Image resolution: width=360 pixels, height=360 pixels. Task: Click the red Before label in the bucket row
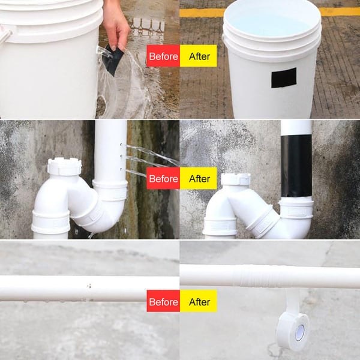(x=163, y=56)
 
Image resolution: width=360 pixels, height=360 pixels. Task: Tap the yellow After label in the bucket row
(x=199, y=56)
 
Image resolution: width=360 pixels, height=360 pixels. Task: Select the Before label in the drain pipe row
(x=163, y=178)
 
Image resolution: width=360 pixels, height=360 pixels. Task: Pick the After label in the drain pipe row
(x=199, y=178)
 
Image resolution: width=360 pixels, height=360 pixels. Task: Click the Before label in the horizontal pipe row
(x=163, y=301)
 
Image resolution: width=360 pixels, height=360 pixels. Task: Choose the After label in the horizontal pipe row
(x=199, y=301)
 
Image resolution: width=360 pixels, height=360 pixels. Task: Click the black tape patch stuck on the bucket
(x=283, y=78)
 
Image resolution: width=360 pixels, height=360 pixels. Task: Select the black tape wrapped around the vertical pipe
(x=296, y=165)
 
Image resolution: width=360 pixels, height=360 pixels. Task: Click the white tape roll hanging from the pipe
(x=292, y=330)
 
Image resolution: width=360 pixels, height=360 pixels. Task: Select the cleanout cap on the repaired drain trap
(x=235, y=179)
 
